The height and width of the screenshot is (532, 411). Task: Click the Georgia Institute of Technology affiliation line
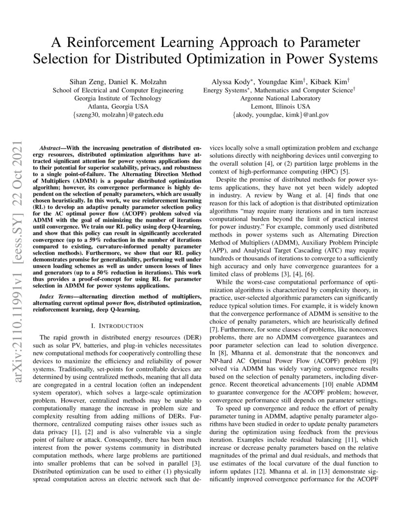click(117, 98)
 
